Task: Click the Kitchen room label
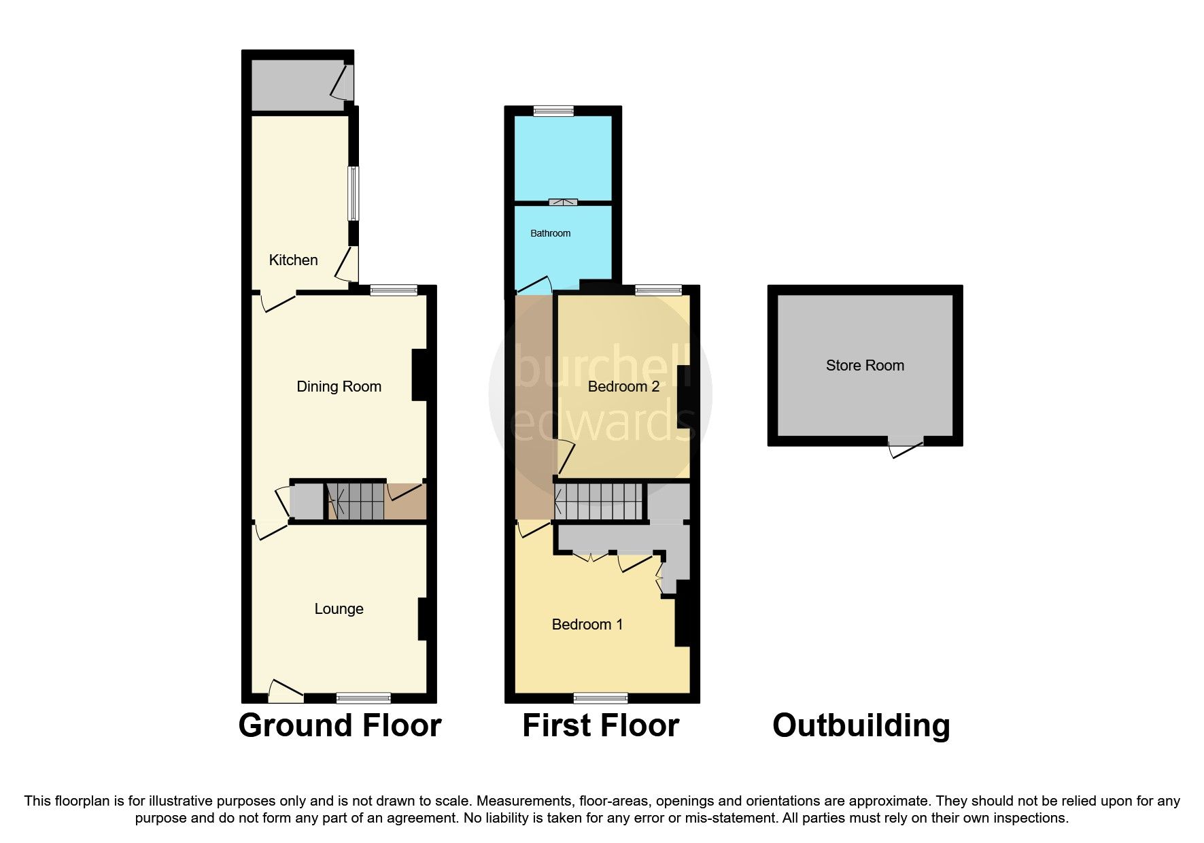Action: point(293,260)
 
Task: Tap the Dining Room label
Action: point(339,386)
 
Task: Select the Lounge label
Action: point(339,608)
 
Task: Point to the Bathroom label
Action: point(550,233)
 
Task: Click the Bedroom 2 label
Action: point(623,386)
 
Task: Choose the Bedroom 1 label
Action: point(587,624)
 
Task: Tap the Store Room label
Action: point(865,365)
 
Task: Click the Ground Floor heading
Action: point(339,725)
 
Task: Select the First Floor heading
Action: point(600,725)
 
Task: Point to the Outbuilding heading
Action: point(861,725)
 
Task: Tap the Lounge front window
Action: point(363,698)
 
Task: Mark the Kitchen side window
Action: point(353,194)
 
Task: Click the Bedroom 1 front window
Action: point(600,698)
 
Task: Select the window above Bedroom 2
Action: point(658,290)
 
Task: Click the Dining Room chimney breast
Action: point(419,375)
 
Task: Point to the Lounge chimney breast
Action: point(422,619)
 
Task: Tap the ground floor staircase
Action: point(356,501)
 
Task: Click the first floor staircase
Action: point(599,501)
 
